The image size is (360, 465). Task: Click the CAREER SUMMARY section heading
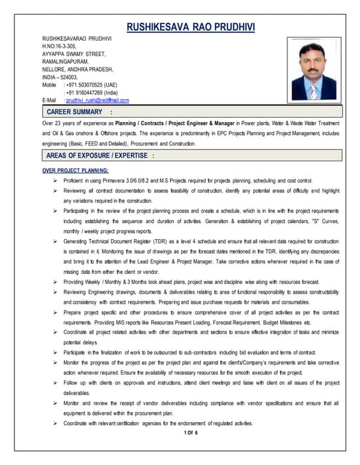pyautogui.click(x=75, y=113)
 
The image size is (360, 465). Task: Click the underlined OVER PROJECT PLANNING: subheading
pyautogui.click(x=81, y=170)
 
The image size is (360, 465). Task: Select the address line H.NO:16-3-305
pyautogui.click(x=63, y=46)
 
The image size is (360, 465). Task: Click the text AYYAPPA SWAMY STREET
pyautogui.click(x=75, y=54)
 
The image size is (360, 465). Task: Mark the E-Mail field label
pyautogui.click(x=50, y=100)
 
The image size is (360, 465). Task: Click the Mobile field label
pyautogui.click(x=49, y=84)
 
